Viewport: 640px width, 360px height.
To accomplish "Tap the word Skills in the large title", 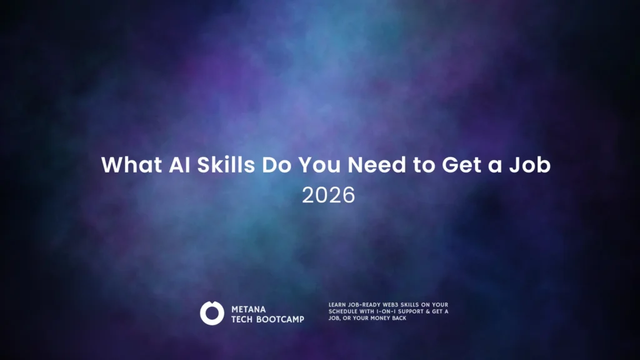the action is [x=226, y=165].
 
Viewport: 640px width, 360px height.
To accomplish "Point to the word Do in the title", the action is [x=277, y=165].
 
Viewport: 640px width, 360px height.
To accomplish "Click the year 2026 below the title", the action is [x=329, y=195].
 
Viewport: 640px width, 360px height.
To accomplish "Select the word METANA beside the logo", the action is [x=249, y=309].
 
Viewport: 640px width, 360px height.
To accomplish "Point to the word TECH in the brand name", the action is [x=242, y=319].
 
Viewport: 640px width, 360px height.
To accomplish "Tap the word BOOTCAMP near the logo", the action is [x=280, y=319].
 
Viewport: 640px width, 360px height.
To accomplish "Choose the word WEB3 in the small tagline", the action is [x=391, y=305].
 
